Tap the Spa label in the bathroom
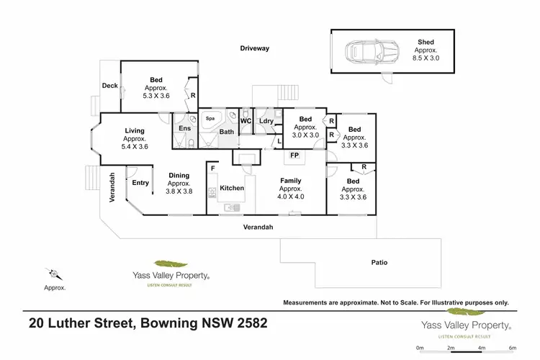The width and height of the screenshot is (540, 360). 211,117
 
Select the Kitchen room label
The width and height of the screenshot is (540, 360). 232,188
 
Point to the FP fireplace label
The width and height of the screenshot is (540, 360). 294,156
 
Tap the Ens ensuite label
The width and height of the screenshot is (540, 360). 184,128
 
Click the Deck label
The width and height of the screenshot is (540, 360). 109,86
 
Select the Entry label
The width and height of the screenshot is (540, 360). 140,183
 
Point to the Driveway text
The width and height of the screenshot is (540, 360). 254,49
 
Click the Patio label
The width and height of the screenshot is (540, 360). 379,263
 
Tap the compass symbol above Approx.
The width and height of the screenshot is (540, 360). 53,274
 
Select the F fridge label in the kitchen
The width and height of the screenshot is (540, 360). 214,168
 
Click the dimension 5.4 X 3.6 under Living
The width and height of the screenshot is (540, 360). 135,146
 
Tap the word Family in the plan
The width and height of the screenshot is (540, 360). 291,181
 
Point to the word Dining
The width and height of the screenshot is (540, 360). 179,175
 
